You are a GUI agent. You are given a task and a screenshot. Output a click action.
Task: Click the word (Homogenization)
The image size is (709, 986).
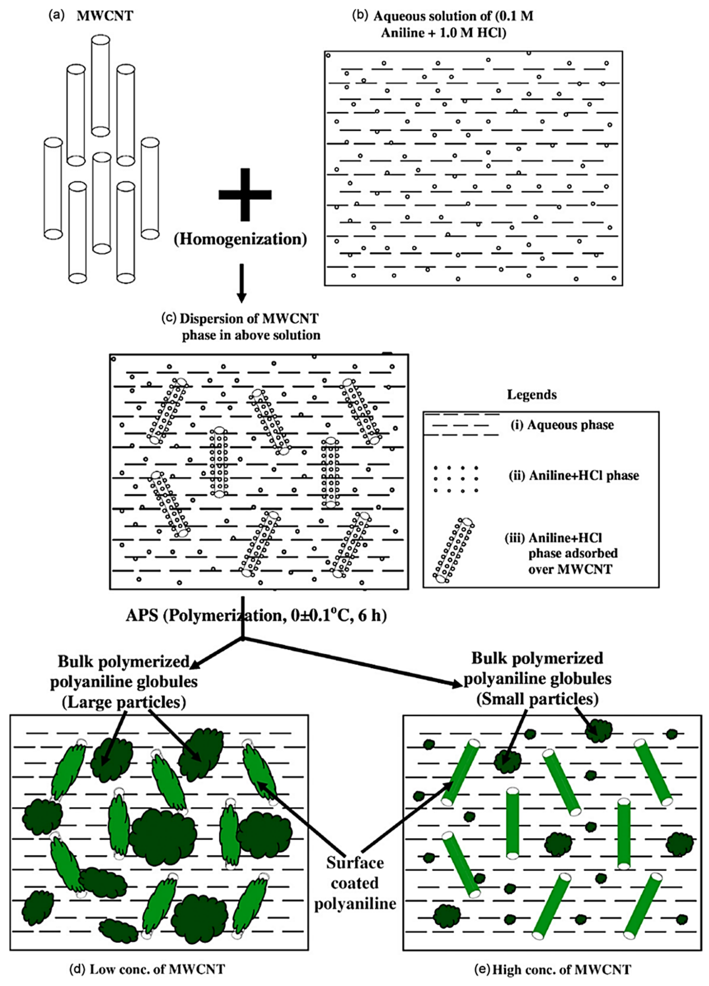(240, 239)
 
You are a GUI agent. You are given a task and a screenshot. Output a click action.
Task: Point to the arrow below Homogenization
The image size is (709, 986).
(242, 283)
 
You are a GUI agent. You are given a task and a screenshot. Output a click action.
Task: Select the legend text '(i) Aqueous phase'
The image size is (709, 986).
(562, 425)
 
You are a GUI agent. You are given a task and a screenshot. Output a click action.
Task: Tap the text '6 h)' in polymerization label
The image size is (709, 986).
(372, 616)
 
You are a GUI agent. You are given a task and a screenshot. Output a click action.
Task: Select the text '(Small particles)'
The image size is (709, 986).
(537, 699)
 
